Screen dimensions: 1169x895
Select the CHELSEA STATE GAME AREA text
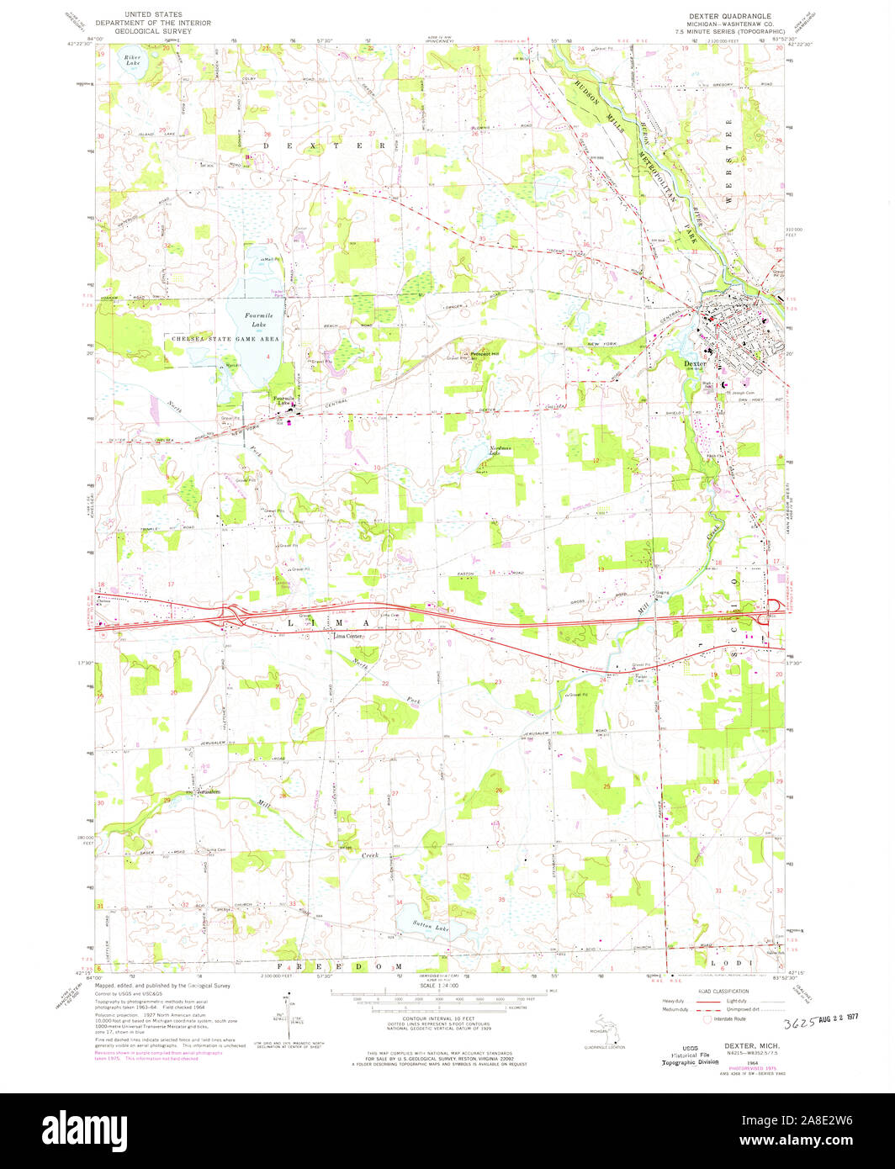[x=225, y=338]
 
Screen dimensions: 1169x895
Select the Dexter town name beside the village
[x=693, y=363]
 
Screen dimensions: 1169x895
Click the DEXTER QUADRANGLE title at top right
[x=724, y=16]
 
